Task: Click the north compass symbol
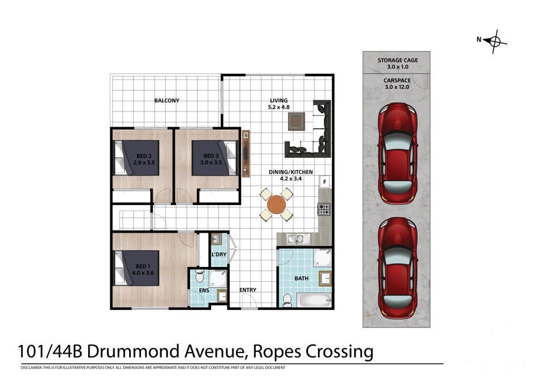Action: coord(495,41)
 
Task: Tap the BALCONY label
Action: coord(167,101)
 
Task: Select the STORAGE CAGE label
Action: coord(398,60)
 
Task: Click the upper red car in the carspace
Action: coord(397,153)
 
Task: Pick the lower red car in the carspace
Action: coord(397,268)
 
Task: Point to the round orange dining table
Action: coord(276,204)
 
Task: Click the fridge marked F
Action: coord(325,182)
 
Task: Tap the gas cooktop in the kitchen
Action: coord(324,209)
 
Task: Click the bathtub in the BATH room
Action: coord(315,300)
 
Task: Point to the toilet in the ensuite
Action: coord(199,276)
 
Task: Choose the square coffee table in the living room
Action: coord(297,121)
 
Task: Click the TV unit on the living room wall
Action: coord(245,154)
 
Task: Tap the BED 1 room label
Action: coord(143,266)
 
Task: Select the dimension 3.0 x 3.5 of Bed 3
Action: coord(211,163)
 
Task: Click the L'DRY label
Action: coord(219,254)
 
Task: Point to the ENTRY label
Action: coord(248,290)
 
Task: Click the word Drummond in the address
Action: coord(134,351)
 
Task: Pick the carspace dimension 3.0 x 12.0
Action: coord(397,87)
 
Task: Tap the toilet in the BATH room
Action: coord(287,300)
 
